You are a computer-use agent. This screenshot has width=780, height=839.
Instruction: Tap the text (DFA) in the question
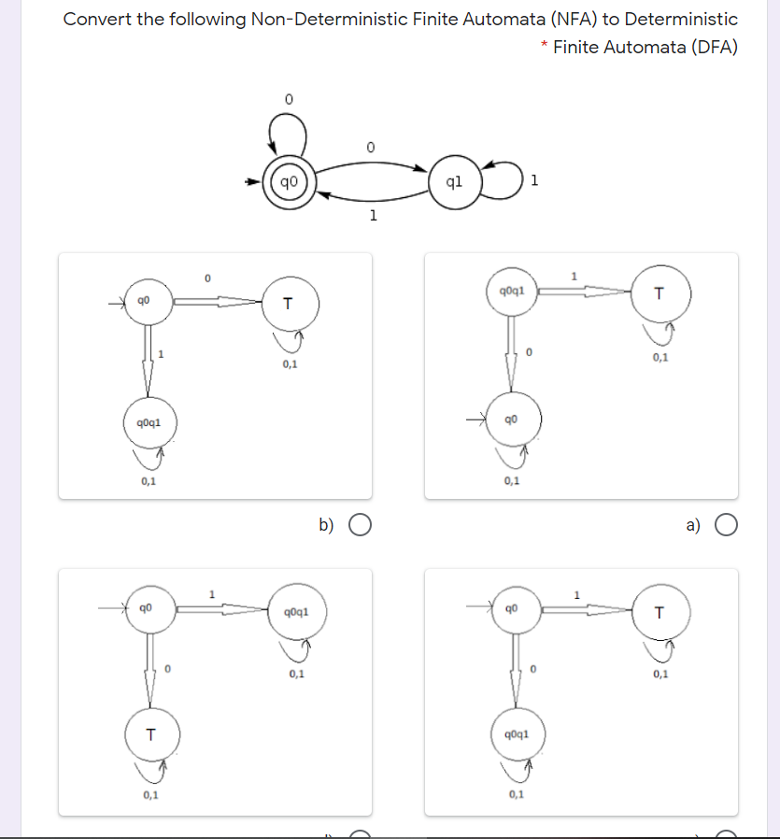click(x=715, y=47)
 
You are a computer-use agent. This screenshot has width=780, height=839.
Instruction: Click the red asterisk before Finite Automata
click(x=544, y=45)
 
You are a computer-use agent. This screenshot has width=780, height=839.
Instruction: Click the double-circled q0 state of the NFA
click(x=289, y=181)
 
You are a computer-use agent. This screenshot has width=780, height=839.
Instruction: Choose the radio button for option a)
click(x=726, y=525)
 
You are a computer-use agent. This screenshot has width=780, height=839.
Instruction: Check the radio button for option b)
click(x=361, y=525)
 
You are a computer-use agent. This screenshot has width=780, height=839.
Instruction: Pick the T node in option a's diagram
click(x=660, y=294)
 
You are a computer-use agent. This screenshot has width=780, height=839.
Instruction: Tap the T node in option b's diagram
click(x=288, y=303)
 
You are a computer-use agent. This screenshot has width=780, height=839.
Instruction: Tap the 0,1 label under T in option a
click(x=660, y=357)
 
